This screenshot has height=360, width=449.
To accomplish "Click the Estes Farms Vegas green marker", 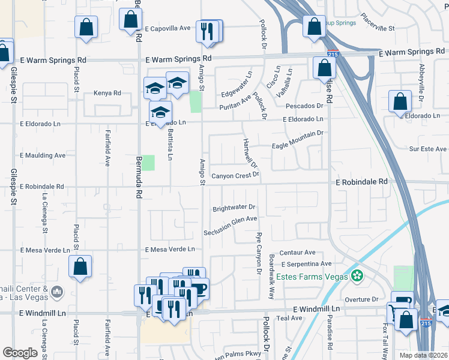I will click(358, 277).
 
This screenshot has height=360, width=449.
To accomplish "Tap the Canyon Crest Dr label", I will click(235, 176).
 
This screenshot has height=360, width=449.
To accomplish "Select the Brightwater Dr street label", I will click(234, 209).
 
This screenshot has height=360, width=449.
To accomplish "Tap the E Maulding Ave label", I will click(43, 155).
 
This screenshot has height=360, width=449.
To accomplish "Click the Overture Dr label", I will click(361, 299).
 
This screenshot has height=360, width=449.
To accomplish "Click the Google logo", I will click(20, 353).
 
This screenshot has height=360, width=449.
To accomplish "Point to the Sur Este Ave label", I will click(428, 149).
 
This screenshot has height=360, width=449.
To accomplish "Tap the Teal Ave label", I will click(289, 318).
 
